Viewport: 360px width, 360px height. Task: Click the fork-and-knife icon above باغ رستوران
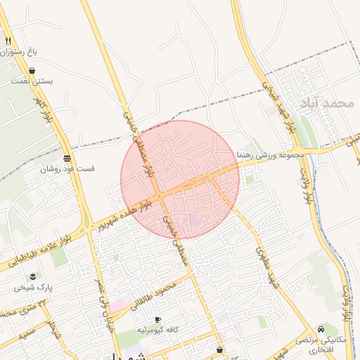point(8,41)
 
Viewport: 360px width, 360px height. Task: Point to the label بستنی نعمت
point(32,81)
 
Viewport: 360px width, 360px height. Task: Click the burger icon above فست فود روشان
point(67,157)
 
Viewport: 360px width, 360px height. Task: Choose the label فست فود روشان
point(67,169)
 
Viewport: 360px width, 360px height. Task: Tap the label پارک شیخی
point(33,287)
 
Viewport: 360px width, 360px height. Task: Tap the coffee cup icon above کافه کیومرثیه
point(157,319)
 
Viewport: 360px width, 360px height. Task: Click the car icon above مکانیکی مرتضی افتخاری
point(321,328)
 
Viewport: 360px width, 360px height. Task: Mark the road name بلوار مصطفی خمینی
point(136,141)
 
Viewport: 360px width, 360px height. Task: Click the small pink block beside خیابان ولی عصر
point(117,306)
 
